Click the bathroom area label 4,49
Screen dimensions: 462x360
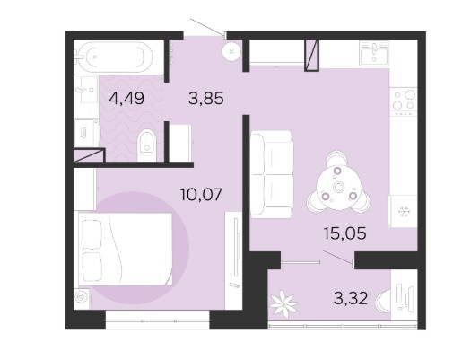(x=126, y=98)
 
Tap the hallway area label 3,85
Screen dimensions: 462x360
(x=206, y=98)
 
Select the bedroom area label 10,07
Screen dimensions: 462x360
(x=201, y=194)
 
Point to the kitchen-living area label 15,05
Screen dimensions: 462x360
(x=345, y=233)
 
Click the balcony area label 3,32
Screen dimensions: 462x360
(x=351, y=298)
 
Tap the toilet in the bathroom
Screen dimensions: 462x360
(x=147, y=145)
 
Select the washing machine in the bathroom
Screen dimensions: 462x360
(x=86, y=133)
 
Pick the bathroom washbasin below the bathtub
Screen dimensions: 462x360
(x=85, y=90)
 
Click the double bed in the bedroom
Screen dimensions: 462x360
(x=126, y=249)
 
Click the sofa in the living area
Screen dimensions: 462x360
(x=271, y=174)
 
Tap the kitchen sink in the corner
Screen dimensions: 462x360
(x=374, y=53)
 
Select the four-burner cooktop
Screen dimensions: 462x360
(x=404, y=101)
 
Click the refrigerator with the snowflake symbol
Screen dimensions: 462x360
(x=403, y=211)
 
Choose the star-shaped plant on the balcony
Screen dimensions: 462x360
(x=283, y=303)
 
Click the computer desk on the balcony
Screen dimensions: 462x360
(x=405, y=297)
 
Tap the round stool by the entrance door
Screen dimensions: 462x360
(x=231, y=51)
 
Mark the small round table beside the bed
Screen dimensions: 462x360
(x=82, y=297)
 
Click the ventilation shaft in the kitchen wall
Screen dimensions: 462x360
(x=311, y=56)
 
